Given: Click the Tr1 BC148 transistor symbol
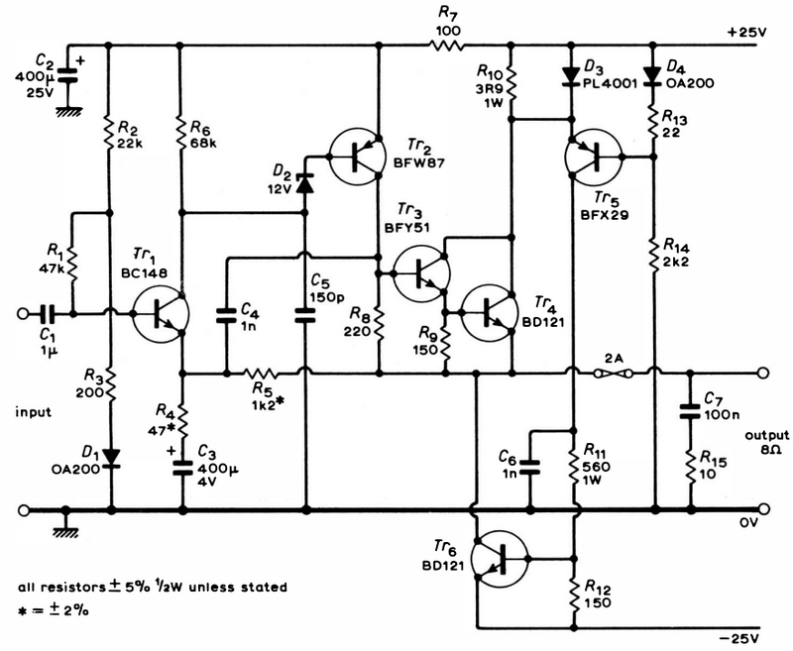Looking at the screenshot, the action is tap(161, 314).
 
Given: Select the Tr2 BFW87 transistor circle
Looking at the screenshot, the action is tap(356, 157).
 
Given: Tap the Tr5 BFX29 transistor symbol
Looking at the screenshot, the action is tap(593, 157).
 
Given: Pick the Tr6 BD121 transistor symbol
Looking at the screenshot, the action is tap(500, 559).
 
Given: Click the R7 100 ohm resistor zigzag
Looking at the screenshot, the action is tap(447, 46).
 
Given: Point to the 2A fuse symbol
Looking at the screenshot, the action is tap(613, 374).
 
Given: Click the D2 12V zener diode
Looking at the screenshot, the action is tap(304, 183).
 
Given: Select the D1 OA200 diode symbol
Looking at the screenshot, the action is tap(111, 458).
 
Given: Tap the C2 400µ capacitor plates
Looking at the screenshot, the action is tap(67, 74).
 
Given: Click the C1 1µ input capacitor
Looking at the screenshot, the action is tap(47, 314).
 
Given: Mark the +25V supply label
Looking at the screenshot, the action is tap(747, 33).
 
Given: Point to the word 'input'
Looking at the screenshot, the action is tap(34, 412).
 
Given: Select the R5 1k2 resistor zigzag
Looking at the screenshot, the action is tap(261, 374).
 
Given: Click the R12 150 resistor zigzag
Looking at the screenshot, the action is tap(574, 595).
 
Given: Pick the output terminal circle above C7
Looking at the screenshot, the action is tap(763, 374).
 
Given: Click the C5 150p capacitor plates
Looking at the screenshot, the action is tap(304, 315).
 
